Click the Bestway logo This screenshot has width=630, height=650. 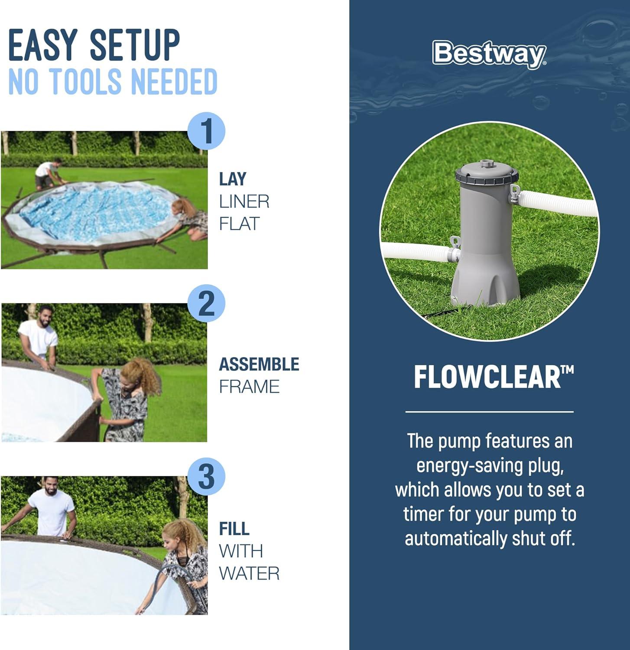[489, 54]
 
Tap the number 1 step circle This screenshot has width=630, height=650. [207, 131]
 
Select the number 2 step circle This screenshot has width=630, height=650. [207, 304]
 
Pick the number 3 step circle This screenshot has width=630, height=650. [207, 476]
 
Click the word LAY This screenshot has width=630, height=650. [233, 179]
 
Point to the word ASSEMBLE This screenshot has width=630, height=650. [259, 364]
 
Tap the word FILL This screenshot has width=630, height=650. [234, 529]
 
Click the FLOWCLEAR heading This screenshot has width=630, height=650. [494, 377]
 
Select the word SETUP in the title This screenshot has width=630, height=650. [135, 45]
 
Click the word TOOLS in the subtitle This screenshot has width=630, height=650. [87, 81]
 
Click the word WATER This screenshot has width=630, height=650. [249, 573]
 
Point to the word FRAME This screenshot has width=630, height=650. [249, 387]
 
